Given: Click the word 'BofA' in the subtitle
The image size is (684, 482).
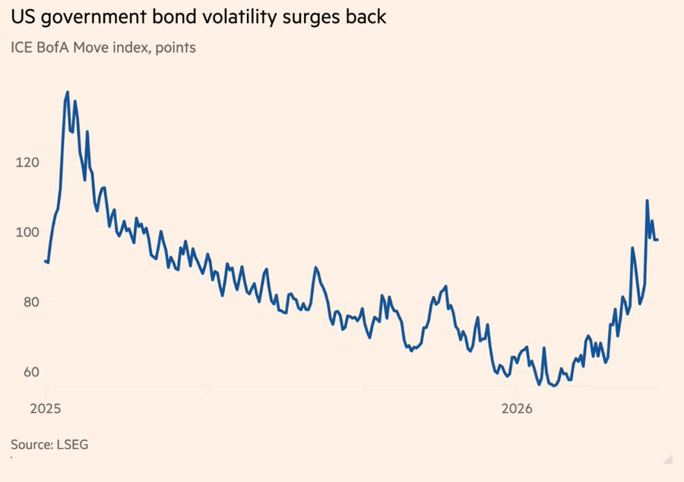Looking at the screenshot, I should (x=55, y=48).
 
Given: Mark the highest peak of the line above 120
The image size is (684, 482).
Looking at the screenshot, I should (x=68, y=93).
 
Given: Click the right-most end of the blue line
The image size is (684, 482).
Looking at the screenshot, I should (x=657, y=240).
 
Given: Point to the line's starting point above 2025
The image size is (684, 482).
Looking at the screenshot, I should (x=45, y=261).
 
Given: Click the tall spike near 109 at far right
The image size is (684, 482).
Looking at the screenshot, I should (x=647, y=201).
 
